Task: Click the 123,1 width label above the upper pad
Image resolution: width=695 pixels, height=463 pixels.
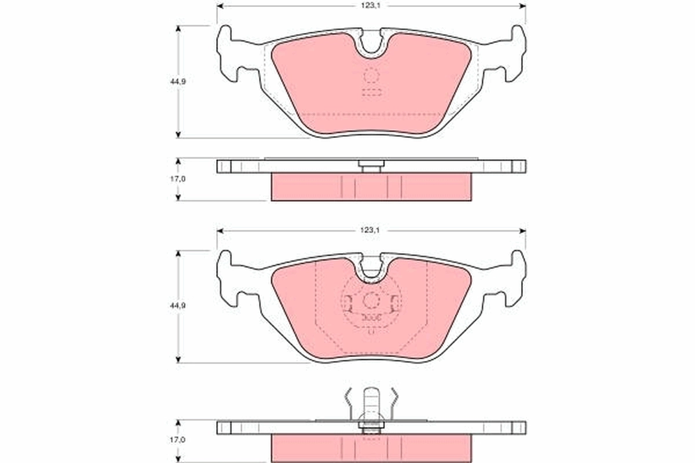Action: (x=371, y=5)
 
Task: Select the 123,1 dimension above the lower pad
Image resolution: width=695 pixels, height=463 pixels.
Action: (x=371, y=230)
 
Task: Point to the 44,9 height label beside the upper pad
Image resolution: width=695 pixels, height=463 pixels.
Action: (x=178, y=82)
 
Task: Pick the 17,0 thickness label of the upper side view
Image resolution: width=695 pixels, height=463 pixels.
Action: (x=178, y=179)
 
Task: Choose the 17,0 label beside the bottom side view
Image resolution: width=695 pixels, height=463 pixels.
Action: (x=178, y=440)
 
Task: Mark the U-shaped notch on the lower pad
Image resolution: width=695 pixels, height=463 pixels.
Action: (x=371, y=270)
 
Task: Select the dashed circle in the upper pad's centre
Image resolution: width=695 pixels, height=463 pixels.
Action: (x=371, y=75)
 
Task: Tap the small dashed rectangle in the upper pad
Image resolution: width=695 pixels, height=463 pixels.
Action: (x=371, y=93)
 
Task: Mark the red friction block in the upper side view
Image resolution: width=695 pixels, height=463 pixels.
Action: (x=371, y=187)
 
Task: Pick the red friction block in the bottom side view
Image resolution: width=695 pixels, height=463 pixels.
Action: (x=371, y=448)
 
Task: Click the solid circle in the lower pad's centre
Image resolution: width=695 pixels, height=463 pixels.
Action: (x=371, y=300)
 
